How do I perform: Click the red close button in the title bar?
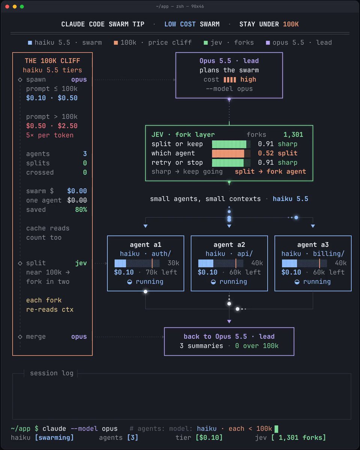pyautogui.click(x=7, y=6)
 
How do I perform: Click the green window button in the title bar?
pyautogui.click(x=22, y=6)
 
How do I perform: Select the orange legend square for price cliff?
pyautogui.click(x=115, y=43)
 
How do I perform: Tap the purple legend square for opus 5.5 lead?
pyautogui.click(x=268, y=43)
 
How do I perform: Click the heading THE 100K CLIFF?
pyautogui.click(x=52, y=61)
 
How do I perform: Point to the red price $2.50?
pyautogui.click(x=67, y=126)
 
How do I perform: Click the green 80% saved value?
pyautogui.click(x=81, y=210)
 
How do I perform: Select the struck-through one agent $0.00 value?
pyautogui.click(x=77, y=200)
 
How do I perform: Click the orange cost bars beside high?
pyautogui.click(x=229, y=79)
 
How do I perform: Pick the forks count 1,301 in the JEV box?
pyautogui.click(x=293, y=135)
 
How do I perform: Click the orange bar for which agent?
pyautogui.click(x=228, y=153)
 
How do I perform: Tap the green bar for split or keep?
pyautogui.click(x=229, y=144)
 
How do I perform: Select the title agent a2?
pyautogui.click(x=229, y=244)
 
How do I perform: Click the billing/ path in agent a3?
pyautogui.click(x=328, y=253)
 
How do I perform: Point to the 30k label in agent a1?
pyautogui.click(x=173, y=263)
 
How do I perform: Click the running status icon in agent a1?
pyautogui.click(x=130, y=282)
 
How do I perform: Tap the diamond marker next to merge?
pyautogui.click(x=20, y=337)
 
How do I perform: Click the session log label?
pyautogui.click(x=52, y=373)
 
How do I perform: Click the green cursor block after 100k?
pyautogui.click(x=276, y=429)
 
